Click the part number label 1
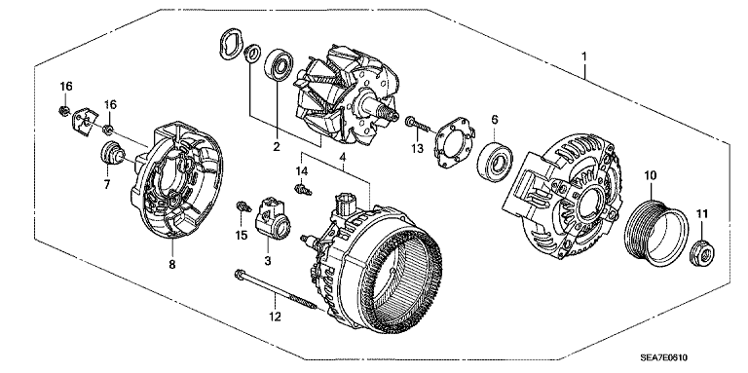pyautogui.click(x=584, y=56)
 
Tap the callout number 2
pyautogui.click(x=277, y=147)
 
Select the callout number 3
pyautogui.click(x=268, y=261)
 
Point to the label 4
pyautogui.click(x=343, y=156)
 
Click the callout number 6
pyautogui.click(x=495, y=119)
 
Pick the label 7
pyautogui.click(x=107, y=184)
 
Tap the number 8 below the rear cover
pyautogui.click(x=172, y=264)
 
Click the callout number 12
pyautogui.click(x=276, y=316)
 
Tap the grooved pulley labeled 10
pyautogui.click(x=656, y=233)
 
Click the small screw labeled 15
pyautogui.click(x=243, y=207)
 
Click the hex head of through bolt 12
pyautogui.click(x=239, y=276)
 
